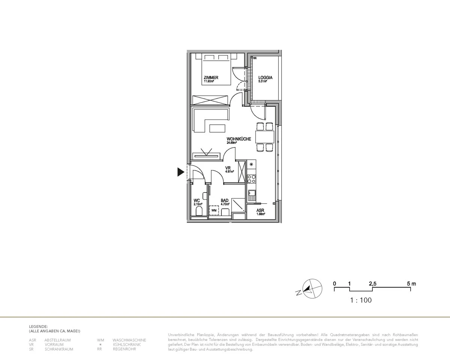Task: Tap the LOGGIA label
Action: (x=265, y=78)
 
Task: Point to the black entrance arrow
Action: (x=181, y=172)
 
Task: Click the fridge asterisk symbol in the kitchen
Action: (x=251, y=164)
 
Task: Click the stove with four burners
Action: (x=252, y=178)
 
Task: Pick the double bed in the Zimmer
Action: (x=216, y=69)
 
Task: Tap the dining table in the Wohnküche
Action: (x=264, y=137)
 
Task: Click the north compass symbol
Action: (x=312, y=289)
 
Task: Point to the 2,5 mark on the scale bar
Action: (x=372, y=284)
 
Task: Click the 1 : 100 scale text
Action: (x=361, y=300)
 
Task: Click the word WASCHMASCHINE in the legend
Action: (x=129, y=340)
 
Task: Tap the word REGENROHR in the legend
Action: (x=124, y=349)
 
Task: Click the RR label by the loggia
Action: (x=255, y=58)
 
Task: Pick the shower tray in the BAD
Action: (x=238, y=205)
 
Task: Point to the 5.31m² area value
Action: (x=262, y=81)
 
